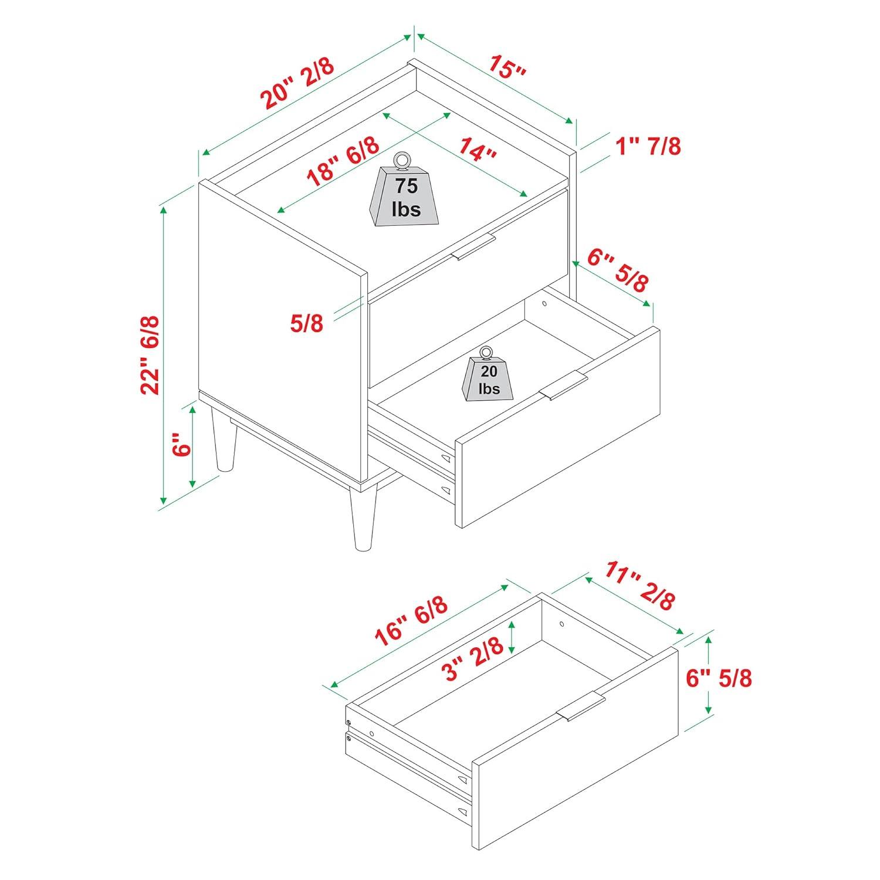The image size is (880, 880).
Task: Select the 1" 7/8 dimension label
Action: (x=648, y=145)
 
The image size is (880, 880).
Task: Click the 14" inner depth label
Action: (x=478, y=149)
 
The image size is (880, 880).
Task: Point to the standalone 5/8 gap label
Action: (x=307, y=323)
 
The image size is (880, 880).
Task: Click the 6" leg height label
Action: (x=182, y=445)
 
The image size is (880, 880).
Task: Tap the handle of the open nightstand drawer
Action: (x=563, y=387)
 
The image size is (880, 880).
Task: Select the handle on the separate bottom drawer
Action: (x=581, y=706)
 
